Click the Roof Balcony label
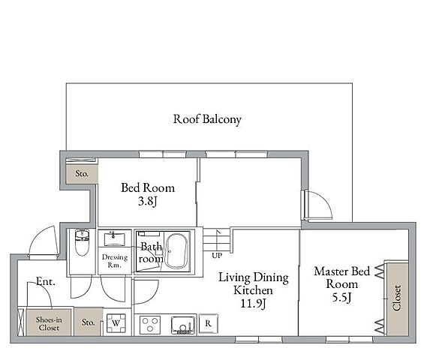point(207,119)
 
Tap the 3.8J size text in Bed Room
point(147,202)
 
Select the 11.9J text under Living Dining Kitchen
point(253,304)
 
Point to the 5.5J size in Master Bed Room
point(341,297)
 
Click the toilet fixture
point(82,242)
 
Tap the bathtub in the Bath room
point(176,251)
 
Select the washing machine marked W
point(116,323)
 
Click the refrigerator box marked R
point(208,323)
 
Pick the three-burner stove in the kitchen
point(150,325)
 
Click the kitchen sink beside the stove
point(183,325)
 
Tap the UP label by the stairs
point(217,256)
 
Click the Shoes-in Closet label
point(49,324)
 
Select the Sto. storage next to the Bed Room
point(82,173)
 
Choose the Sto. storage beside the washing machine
point(89,322)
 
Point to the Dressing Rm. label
point(115,261)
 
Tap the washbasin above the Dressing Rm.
point(115,239)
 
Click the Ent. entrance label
point(46,282)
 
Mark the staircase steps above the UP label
point(218,240)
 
